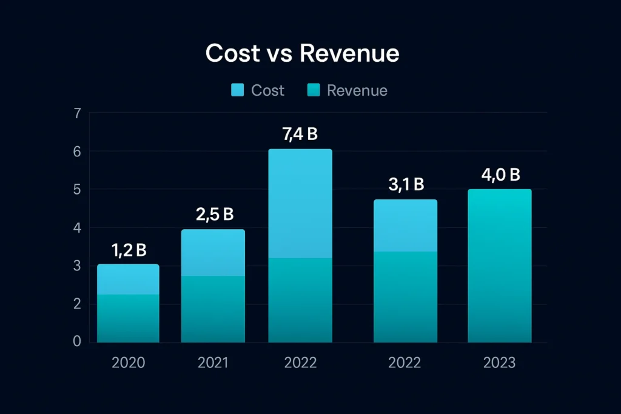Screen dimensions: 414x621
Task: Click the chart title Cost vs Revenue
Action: (302, 54)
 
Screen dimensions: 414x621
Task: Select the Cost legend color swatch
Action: (238, 91)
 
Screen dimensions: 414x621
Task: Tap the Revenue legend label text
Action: (357, 91)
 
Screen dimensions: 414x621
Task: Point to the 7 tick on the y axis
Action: (76, 113)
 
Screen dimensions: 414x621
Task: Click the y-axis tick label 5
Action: (76, 190)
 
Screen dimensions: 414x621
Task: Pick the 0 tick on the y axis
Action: (76, 342)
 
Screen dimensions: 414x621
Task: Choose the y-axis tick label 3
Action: (76, 265)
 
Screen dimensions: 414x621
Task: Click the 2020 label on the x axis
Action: (128, 363)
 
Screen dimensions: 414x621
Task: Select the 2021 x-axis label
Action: (213, 363)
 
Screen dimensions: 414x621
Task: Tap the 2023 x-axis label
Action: (499, 363)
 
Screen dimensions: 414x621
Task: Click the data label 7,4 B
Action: (300, 135)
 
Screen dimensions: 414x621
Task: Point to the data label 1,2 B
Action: (129, 250)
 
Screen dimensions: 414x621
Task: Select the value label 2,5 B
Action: (214, 215)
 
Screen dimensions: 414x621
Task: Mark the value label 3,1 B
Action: (406, 185)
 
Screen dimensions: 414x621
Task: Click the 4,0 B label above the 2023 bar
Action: (500, 175)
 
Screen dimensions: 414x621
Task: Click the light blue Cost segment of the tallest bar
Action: (301, 203)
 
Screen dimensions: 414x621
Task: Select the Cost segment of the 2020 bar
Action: (128, 279)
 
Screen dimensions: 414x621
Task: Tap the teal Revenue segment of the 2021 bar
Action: (213, 309)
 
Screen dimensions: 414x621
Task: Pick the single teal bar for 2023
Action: (500, 267)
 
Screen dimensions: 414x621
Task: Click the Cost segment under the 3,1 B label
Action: (405, 225)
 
